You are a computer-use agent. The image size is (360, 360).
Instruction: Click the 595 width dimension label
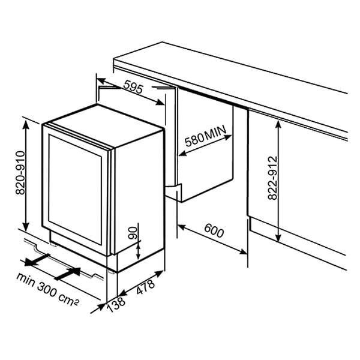coord(133,87)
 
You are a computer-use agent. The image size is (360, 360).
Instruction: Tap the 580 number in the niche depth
coord(194,140)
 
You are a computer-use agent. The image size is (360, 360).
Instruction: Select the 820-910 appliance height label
coord(20,173)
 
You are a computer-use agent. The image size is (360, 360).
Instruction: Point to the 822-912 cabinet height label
coord(273,178)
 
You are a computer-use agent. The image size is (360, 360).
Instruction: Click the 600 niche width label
coord(214,231)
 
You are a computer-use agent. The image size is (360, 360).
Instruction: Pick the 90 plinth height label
coord(133,233)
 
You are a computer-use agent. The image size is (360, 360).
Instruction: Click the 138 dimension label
coord(116,305)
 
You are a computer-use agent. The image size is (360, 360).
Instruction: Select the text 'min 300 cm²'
coord(48,289)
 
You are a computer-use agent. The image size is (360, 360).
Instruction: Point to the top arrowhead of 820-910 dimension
coord(26,124)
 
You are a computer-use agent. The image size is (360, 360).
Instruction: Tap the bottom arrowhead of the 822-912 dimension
coord(278,237)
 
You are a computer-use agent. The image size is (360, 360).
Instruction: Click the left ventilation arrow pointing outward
coord(37,260)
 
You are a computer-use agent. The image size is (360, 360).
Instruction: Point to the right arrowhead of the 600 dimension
coord(243,252)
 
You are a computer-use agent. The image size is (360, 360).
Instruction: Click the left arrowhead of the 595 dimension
coord(101,81)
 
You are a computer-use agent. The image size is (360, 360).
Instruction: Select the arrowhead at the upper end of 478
coord(160,274)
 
